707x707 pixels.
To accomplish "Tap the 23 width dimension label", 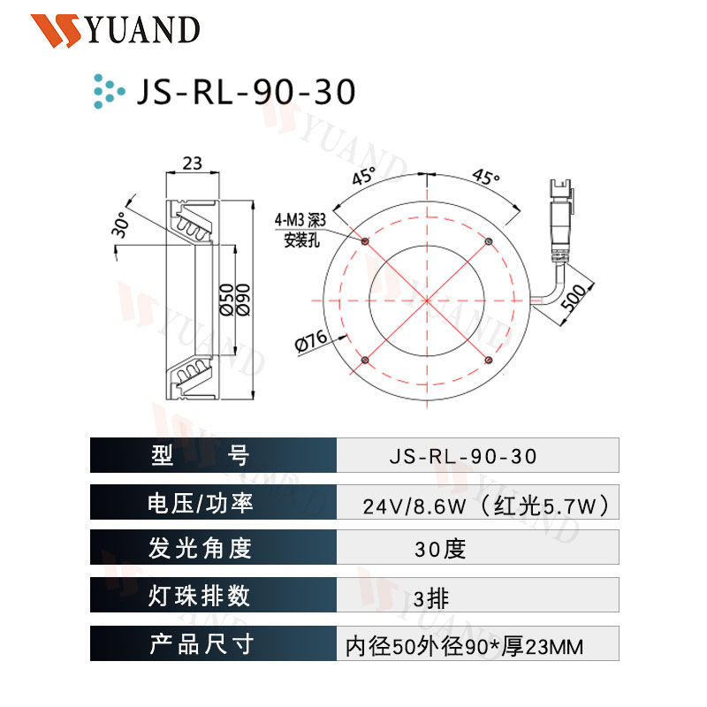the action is tap(192, 163).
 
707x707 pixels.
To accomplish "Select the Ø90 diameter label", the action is tap(246, 300).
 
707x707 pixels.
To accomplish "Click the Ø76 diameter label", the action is tap(309, 342).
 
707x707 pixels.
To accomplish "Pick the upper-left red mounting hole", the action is tap(365, 239).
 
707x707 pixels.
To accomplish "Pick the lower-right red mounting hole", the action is tap(488, 359).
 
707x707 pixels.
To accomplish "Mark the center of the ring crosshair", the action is tap(426, 300).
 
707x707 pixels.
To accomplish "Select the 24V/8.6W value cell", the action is tap(484, 506).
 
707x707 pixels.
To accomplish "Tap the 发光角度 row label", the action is tap(201, 550).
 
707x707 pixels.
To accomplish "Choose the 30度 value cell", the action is tap(439, 550).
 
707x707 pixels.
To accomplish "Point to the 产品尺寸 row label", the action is tap(201, 644).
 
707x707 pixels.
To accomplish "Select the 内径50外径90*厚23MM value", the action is tap(463, 647).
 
